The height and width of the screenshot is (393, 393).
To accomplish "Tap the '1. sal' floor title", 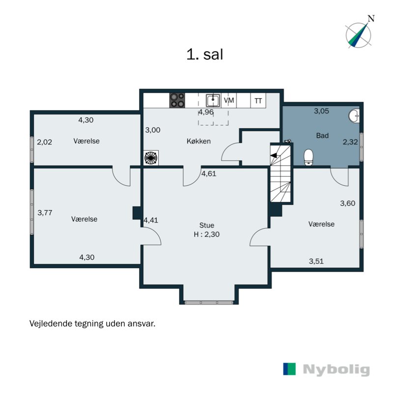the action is [x=204, y=55].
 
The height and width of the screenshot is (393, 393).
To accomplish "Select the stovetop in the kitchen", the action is [x=177, y=100].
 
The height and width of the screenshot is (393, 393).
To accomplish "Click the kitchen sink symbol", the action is [x=213, y=100].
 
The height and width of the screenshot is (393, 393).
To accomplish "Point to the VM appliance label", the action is [x=229, y=100].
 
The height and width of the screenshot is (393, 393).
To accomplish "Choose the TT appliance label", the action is [x=258, y=101].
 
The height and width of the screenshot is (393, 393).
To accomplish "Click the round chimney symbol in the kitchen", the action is [x=151, y=158].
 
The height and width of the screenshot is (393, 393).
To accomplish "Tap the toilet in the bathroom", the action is [x=309, y=157].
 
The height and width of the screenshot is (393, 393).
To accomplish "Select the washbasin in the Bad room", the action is [x=354, y=116].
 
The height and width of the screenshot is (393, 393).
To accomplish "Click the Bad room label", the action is [x=322, y=136].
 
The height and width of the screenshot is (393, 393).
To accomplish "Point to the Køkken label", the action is [x=198, y=141].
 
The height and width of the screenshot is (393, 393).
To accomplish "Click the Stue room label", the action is [x=207, y=225].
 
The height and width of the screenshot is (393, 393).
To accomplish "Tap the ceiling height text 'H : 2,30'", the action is [x=207, y=234].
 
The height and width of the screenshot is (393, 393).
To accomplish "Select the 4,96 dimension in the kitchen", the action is [x=206, y=112].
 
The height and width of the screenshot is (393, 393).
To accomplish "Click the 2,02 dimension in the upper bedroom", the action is [x=44, y=142].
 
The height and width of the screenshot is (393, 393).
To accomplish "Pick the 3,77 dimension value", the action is [x=45, y=213].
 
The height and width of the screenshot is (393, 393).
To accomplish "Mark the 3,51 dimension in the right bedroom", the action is [x=316, y=261].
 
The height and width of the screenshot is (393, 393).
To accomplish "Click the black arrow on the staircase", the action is [x=274, y=155].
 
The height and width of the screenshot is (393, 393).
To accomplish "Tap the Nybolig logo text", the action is [x=337, y=370].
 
